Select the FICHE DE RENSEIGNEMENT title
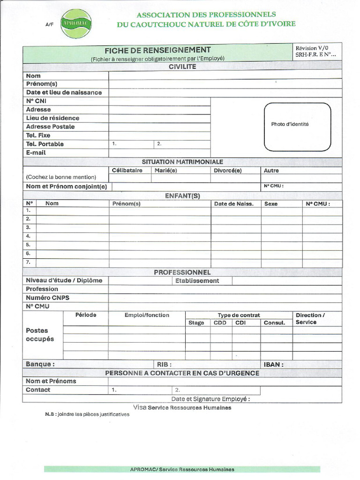pyautogui.click(x=157, y=50)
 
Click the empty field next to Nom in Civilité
pyautogui.click(x=225, y=75)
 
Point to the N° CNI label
pyautogui.click(x=36, y=101)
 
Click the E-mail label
pyautogui.click(x=36, y=152)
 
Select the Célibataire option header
pyautogui.click(x=127, y=171)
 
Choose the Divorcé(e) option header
pyautogui.click(x=227, y=171)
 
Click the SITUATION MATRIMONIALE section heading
pyautogui.click(x=182, y=162)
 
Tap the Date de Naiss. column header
pyautogui.click(x=234, y=204)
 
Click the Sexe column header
pyautogui.click(x=271, y=204)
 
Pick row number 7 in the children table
pyautogui.click(x=28, y=262)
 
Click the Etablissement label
pyautogui.click(x=197, y=281)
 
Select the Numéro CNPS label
pyautogui.click(x=47, y=298)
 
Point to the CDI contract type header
pyautogui.click(x=240, y=322)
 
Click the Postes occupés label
pyautogui.click(x=40, y=335)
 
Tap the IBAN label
pyautogui.click(x=274, y=364)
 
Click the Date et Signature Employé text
pyautogui.click(x=210, y=399)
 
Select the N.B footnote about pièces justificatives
pyautogui.click(x=87, y=414)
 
